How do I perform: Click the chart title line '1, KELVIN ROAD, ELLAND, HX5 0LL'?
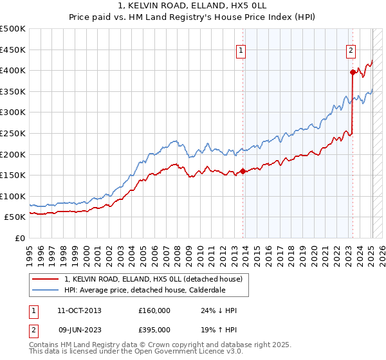[x=192, y=5]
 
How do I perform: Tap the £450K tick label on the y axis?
[x=13, y=50]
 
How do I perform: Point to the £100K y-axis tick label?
[x=13, y=196]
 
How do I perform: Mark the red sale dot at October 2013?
[x=243, y=171]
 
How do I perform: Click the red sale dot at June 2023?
[x=353, y=73]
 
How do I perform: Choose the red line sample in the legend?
[x=46, y=279]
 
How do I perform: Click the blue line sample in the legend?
[x=46, y=290]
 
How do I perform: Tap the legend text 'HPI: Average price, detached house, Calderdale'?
[x=144, y=290]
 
